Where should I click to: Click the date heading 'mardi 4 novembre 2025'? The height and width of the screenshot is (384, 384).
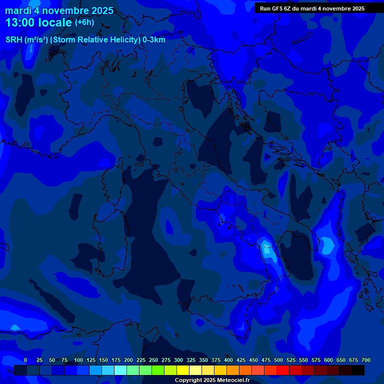pos(59,10)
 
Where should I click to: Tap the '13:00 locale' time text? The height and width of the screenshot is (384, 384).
pos(38,22)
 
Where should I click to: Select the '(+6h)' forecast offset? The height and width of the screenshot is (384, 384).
pos(84,22)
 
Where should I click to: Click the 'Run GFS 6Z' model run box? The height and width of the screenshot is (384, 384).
pos(312,8)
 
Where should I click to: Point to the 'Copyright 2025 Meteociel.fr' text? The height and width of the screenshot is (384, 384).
pos(212,380)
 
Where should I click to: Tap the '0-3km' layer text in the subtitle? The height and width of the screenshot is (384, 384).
pos(154,40)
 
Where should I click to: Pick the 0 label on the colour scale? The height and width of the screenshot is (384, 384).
pos(25,360)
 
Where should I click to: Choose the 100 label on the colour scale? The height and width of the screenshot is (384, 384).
pos(78,360)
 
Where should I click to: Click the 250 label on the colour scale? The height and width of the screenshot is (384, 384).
pos(153,360)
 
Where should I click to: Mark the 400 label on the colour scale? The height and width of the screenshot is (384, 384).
pos(228,360)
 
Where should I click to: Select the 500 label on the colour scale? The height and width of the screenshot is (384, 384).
pos(278,360)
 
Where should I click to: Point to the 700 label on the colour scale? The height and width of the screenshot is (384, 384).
pos(366,360)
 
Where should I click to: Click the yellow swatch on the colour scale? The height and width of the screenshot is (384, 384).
pos(183,370)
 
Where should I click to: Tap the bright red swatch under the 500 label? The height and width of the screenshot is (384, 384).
pos(283,370)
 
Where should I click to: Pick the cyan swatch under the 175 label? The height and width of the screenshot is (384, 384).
pos(120,370)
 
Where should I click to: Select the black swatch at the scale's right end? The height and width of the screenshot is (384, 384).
pos(358,370)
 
